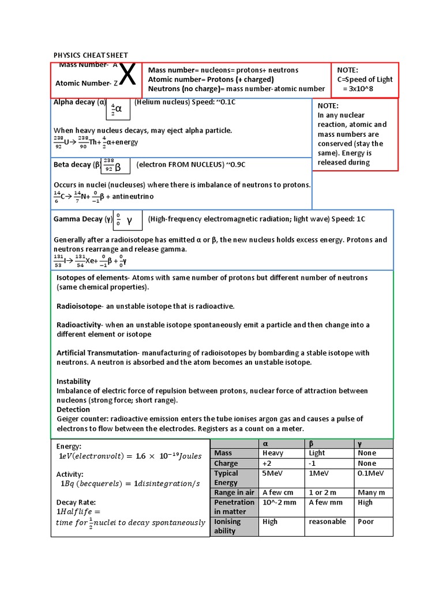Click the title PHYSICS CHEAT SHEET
pyautogui.click(x=91, y=55)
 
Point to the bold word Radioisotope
pyautogui.click(x=79, y=306)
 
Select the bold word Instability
pyautogui.click(x=73, y=381)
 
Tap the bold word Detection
pyautogui.click(x=73, y=409)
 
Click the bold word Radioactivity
pyautogui.click(x=78, y=325)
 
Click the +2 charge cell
pyautogui.click(x=267, y=463)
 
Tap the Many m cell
pyautogui.click(x=371, y=492)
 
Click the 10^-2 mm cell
pyautogui.click(x=279, y=502)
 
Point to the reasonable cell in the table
pyautogui.click(x=327, y=522)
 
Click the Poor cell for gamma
pyautogui.click(x=365, y=522)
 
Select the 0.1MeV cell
pyautogui.click(x=371, y=473)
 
